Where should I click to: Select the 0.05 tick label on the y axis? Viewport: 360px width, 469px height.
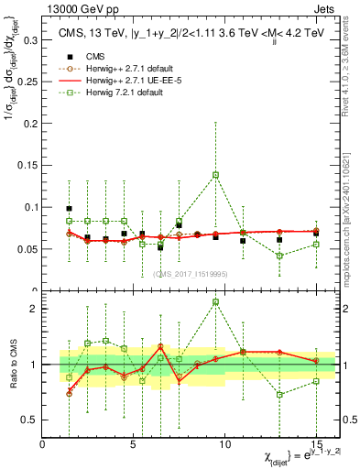28,249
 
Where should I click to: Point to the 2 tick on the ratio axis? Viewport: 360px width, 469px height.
36,309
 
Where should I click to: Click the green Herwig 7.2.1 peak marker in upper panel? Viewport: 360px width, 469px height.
215,174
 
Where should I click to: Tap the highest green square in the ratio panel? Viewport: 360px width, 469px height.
215,301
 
